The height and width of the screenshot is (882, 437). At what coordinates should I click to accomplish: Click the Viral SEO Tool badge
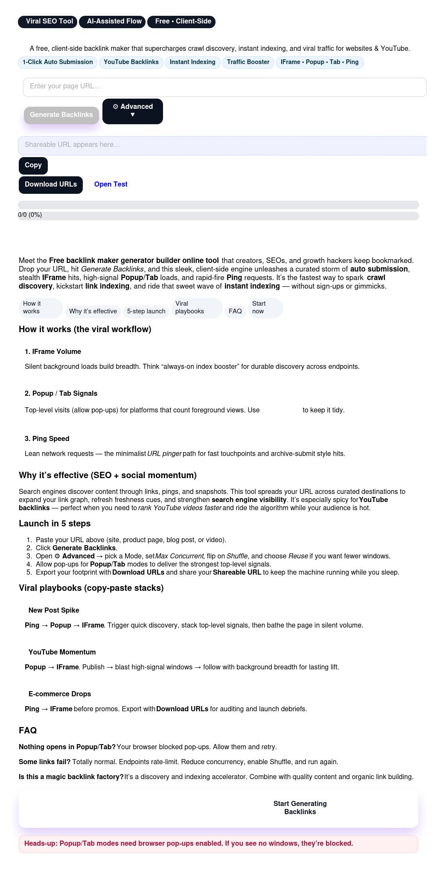(47, 21)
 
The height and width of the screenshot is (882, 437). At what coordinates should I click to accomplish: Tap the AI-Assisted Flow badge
(112, 21)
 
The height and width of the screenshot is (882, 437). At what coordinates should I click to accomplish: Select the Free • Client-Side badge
(181, 21)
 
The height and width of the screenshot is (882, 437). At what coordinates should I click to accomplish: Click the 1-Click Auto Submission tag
(58, 62)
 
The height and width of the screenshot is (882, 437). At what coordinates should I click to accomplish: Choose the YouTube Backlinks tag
(131, 62)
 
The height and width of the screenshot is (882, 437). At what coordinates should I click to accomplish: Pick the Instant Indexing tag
(192, 62)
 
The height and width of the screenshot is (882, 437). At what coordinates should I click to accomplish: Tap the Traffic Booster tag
(248, 62)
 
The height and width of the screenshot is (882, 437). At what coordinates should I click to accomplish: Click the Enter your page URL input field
(224, 87)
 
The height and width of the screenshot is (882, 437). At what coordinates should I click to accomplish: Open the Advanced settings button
(132, 111)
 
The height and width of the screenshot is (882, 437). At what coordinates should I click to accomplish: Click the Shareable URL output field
(222, 145)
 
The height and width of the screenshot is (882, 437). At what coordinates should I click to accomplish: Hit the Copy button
(33, 165)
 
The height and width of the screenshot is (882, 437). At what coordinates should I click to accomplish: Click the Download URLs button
(50, 184)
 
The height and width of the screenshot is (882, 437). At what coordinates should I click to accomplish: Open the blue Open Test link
(111, 184)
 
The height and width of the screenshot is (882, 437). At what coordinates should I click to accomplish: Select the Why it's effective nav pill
(93, 312)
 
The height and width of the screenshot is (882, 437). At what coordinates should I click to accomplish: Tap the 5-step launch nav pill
(146, 312)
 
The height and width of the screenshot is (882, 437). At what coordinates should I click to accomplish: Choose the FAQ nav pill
(235, 312)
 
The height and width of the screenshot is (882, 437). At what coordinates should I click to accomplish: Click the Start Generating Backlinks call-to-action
(300, 808)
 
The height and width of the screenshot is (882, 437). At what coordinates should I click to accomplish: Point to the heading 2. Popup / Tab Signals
(61, 394)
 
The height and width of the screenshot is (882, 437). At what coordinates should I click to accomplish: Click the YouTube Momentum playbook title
(62, 652)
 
